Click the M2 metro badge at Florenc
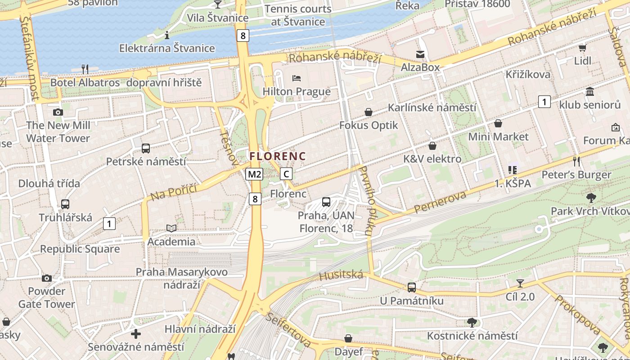click(254, 174)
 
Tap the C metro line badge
click(286, 174)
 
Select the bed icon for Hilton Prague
click(297, 78)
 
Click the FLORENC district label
click(278, 157)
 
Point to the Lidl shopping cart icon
click(582, 47)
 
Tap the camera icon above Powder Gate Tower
click(46, 278)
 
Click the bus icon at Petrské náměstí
click(146, 148)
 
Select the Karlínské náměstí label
click(432, 108)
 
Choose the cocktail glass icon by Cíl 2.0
click(520, 283)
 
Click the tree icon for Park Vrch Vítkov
click(591, 197)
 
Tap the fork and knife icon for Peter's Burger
click(576, 161)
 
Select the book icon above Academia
click(171, 228)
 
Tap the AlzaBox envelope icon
click(420, 54)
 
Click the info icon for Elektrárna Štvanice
click(166, 35)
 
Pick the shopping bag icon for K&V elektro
click(432, 146)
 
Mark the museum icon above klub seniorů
click(589, 92)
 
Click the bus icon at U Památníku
click(411, 287)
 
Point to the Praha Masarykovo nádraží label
click(182, 278)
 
